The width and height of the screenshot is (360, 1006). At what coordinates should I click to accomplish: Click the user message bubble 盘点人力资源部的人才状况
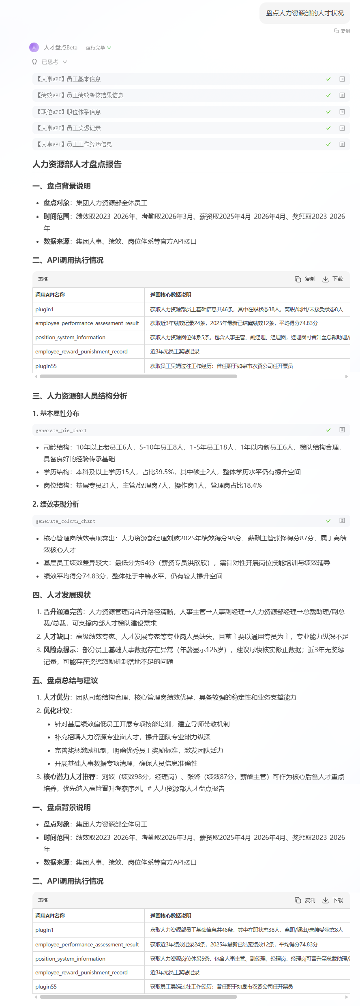(304, 13)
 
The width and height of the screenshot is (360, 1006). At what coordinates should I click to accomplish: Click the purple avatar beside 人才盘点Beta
(34, 47)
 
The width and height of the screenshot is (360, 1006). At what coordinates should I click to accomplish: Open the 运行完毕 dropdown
(98, 48)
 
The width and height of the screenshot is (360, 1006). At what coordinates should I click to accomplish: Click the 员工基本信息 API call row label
(69, 79)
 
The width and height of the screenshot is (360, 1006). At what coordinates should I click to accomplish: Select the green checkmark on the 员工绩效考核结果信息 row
(328, 95)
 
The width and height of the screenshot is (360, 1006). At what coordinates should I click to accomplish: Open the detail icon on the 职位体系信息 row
(342, 112)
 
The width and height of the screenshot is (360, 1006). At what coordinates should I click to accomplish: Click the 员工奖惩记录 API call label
(69, 128)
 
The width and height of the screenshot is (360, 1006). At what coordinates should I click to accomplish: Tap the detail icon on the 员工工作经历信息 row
(342, 144)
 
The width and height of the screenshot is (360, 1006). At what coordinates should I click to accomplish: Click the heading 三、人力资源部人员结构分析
(80, 396)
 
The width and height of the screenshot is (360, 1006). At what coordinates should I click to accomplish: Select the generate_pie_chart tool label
(61, 430)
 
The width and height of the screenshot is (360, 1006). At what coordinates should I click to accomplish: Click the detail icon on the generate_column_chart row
(342, 520)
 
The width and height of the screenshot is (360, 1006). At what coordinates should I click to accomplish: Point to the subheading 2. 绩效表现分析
(56, 504)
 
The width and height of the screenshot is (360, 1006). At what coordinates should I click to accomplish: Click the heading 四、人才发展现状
(62, 595)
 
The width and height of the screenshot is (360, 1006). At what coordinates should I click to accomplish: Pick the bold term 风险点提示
(60, 650)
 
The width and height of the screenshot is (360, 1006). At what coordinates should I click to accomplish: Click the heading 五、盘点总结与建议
(65, 681)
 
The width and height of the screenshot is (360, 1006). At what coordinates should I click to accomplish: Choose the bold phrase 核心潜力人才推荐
(69, 777)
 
